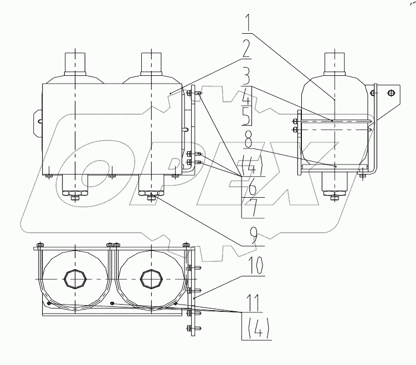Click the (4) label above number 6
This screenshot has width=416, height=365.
click(x=247, y=164)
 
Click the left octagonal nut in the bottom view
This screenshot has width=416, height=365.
click(x=73, y=279)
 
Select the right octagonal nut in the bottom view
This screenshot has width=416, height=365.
click(x=150, y=279)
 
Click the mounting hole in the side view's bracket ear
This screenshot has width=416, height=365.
click(x=392, y=92)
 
